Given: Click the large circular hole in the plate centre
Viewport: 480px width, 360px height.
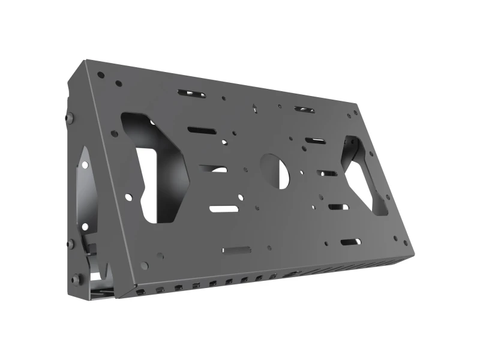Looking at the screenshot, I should tap(275, 170).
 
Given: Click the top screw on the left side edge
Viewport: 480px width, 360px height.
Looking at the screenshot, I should tap(69, 118).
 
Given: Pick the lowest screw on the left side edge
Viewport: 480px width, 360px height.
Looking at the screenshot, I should tap(75, 279).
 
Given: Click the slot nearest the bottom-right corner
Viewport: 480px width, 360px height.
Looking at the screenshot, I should tap(350, 242).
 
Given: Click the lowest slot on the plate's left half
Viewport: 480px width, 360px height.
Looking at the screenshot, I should tap(236, 249).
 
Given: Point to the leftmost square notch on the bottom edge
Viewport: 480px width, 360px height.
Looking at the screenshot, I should tap(140, 291).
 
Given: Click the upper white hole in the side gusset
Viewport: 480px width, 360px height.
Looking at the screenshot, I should tap(86, 164).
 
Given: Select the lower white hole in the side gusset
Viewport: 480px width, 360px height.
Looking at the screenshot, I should tap(85, 226).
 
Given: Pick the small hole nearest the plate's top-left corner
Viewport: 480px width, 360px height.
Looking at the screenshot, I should tap(100, 75).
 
